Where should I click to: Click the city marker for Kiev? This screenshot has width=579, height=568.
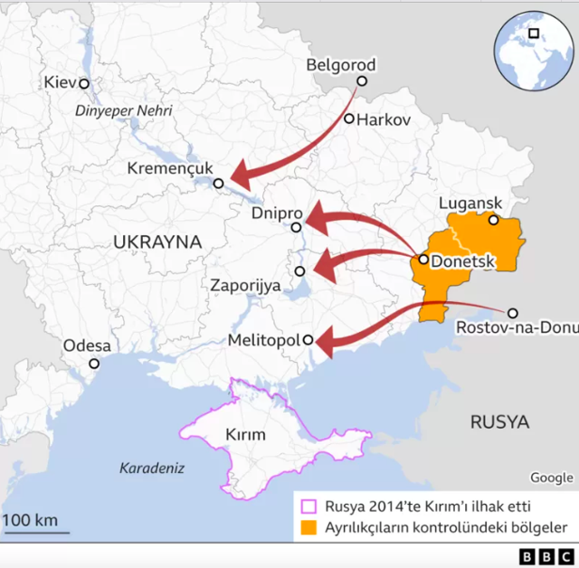(x=84, y=83)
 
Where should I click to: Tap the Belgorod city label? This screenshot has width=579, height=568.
(x=340, y=65)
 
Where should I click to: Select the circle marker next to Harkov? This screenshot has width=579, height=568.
(x=349, y=118)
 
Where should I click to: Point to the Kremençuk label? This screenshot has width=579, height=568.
(x=169, y=168)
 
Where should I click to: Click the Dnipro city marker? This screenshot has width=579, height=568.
(x=296, y=227)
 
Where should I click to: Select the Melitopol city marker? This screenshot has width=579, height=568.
(x=308, y=340)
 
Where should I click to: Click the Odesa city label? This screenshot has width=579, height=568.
(x=87, y=346)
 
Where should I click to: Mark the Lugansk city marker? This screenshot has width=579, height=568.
(x=493, y=220)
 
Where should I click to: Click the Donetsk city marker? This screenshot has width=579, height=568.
(x=423, y=260)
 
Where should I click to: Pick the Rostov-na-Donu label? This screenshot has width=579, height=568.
(x=517, y=327)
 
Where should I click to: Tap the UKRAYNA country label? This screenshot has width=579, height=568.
(x=157, y=241)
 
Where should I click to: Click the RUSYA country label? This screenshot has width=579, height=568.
(x=499, y=421)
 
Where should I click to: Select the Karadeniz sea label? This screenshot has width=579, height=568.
(x=152, y=469)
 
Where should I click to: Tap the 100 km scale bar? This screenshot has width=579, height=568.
(x=35, y=531)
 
